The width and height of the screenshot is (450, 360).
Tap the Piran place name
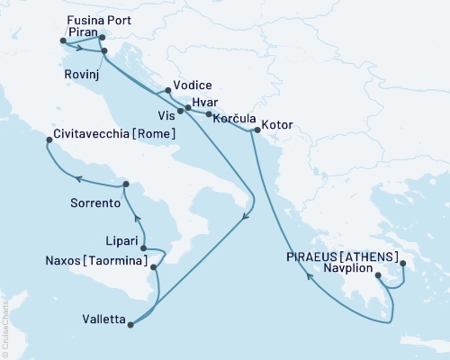coord(84,30)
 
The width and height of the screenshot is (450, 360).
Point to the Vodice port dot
coord(168,90)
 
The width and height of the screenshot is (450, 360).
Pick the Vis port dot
coord(180,112)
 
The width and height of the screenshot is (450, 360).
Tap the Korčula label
coord(237,118)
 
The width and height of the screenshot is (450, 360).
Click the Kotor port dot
coord(256,131)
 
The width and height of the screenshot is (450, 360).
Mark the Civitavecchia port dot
coord(49,139)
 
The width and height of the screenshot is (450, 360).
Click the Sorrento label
coord(95,203)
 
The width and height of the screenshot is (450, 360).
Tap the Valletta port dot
coord(132,325)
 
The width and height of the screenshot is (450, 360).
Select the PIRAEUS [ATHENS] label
coord(342,256)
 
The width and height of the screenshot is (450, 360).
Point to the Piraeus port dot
coord(402,264)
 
